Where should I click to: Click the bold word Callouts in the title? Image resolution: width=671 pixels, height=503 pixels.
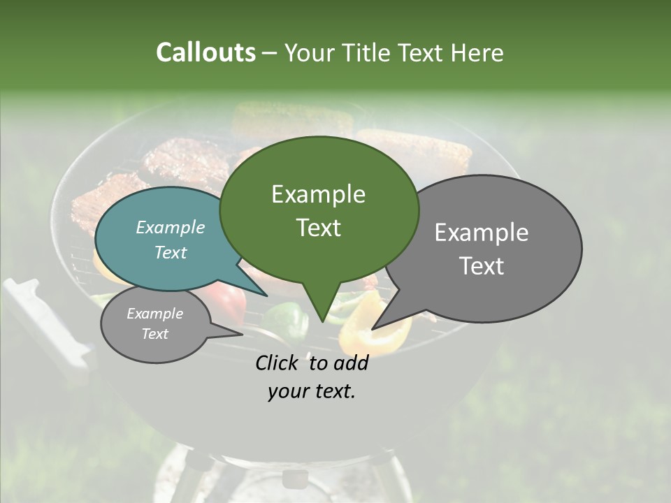205,52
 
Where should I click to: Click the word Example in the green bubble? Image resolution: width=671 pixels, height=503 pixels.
318,194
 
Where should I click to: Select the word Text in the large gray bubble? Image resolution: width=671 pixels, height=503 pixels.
482,266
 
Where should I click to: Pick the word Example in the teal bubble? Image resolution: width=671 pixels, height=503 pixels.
170,227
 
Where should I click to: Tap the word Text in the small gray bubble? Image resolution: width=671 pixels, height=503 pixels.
154,334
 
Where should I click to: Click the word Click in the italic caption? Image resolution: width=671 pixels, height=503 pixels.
276,363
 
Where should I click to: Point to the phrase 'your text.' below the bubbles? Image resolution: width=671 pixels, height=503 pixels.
311,391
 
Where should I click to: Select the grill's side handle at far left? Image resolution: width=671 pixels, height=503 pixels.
42,321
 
